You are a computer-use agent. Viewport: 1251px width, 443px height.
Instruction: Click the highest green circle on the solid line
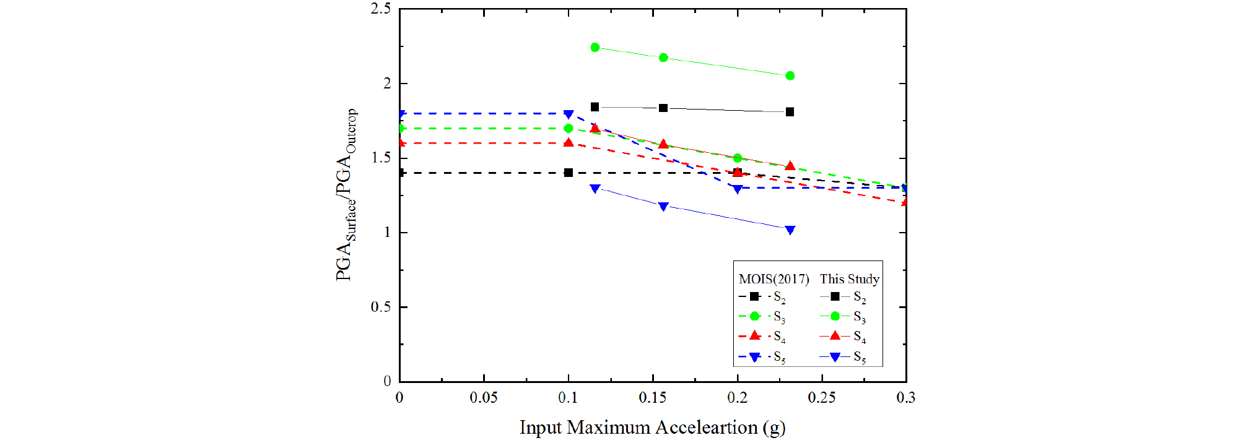(595, 47)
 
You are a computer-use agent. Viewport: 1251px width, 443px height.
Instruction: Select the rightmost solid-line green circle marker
(790, 75)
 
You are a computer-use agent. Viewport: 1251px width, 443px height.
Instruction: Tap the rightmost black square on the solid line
(790, 112)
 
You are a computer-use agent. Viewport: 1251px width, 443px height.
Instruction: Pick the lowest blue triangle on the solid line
(790, 230)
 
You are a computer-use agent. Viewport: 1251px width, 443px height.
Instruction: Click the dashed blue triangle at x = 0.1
(569, 114)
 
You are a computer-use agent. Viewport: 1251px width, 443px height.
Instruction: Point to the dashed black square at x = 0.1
(569, 173)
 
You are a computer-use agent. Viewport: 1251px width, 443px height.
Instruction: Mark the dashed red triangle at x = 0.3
(905, 201)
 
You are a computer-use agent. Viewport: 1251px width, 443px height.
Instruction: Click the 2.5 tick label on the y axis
(380, 9)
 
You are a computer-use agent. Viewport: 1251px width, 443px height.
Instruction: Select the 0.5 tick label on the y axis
(380, 307)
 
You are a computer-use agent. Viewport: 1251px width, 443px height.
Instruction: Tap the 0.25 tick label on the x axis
(821, 398)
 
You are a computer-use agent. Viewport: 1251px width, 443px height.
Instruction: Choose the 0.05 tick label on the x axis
(483, 398)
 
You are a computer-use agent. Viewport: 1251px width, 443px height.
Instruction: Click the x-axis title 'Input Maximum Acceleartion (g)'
(652, 428)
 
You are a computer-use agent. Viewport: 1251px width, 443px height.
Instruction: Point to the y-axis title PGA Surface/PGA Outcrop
(346, 195)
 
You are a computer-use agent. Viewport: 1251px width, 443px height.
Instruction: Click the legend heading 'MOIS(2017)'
(774, 279)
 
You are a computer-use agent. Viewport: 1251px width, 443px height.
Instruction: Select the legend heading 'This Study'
(849, 279)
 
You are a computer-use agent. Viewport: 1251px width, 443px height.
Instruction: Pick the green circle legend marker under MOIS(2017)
(754, 316)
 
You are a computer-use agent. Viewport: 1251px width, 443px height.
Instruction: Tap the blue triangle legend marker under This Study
(835, 357)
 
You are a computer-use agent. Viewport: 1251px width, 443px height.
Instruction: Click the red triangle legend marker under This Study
(835, 336)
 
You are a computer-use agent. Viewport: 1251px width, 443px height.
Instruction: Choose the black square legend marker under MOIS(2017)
(754, 296)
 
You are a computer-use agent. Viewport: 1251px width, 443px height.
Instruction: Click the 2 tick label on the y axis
(387, 84)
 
